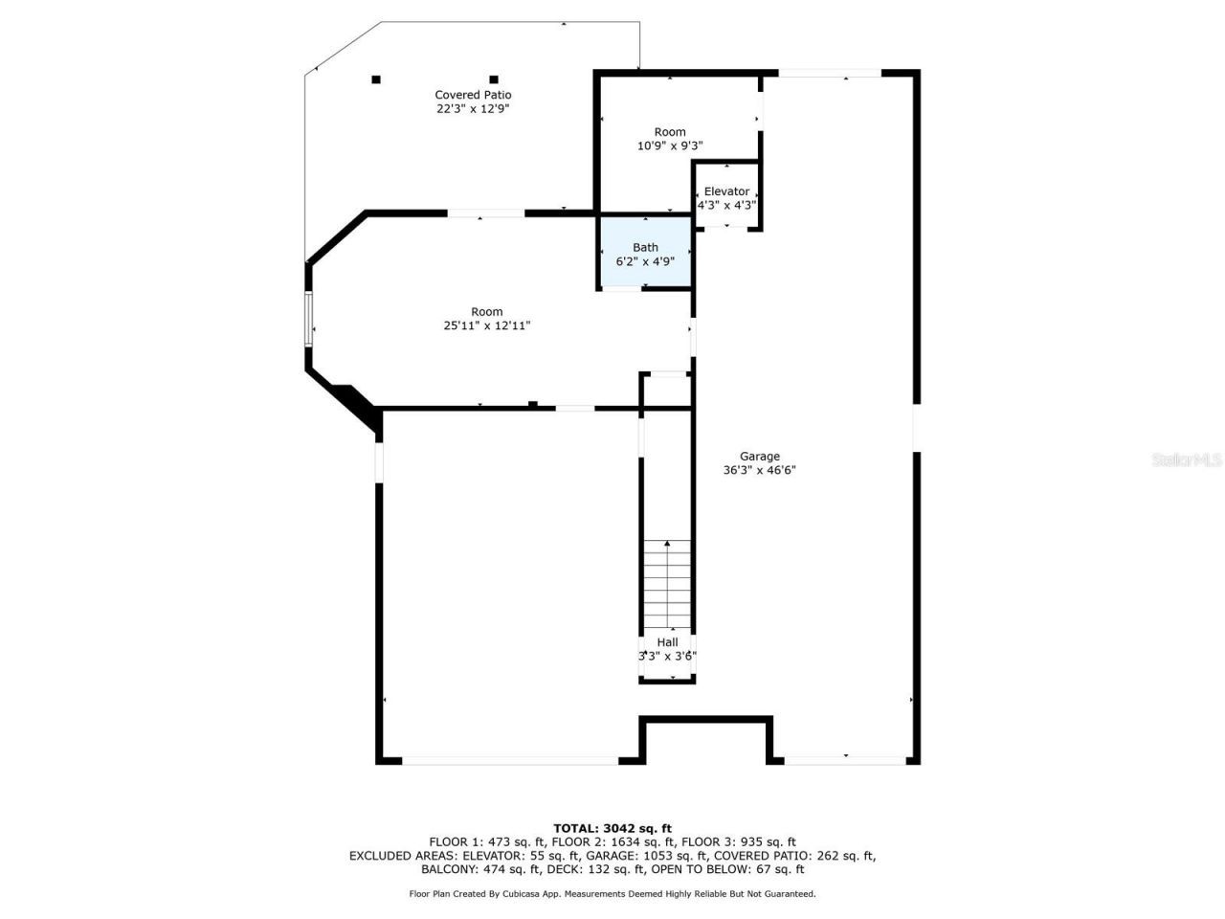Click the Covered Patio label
pos(473,95)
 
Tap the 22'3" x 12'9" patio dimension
pos(473,109)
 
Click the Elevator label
pos(726,191)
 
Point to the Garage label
pos(759,457)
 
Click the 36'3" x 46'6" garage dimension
pos(759,470)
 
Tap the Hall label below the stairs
pos(667,642)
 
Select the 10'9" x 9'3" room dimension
pos(670,146)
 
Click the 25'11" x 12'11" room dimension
pos(486,325)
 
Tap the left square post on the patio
pos(376,79)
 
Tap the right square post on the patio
pos(494,79)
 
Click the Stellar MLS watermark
pos(1187,460)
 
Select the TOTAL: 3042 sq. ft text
pos(612,828)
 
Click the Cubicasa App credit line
pos(612,894)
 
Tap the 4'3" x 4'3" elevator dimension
pos(726,205)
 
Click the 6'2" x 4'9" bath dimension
pos(645,260)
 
